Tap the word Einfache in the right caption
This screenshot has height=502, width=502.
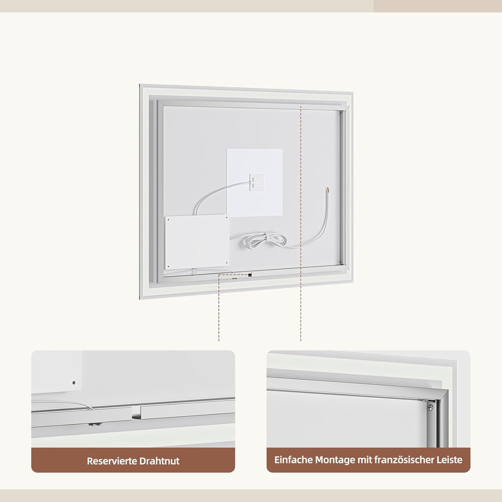coord(293,460)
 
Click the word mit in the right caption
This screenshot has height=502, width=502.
coord(364,460)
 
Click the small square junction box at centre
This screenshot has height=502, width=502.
coord(257,182)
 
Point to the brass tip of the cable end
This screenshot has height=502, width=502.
coord(328,190)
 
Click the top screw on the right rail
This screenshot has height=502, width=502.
coord(341,113)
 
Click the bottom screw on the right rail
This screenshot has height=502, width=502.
coord(341,262)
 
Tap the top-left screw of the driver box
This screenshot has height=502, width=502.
coord(168,220)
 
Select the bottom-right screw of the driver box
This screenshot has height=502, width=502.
coord(227,264)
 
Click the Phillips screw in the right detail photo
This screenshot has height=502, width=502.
coord(431,408)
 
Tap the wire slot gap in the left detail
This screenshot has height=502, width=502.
coord(136,413)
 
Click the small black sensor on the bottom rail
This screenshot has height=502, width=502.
coord(249,275)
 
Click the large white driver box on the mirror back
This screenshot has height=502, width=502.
coord(197,242)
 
